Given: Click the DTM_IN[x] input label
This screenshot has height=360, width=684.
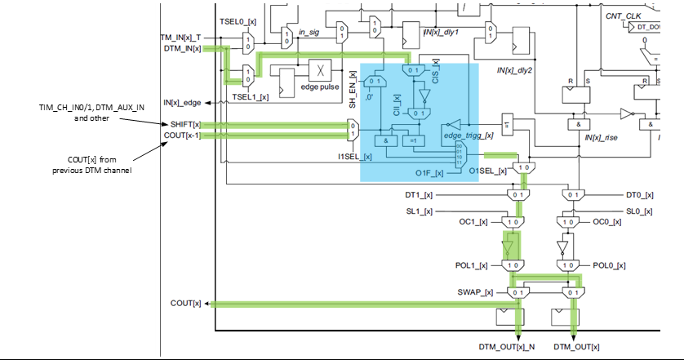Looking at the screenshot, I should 180,48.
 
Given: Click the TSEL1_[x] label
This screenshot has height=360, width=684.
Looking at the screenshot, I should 251,97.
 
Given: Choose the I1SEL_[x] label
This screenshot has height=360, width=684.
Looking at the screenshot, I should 355,156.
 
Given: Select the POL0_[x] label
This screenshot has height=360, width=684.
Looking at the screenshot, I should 609,265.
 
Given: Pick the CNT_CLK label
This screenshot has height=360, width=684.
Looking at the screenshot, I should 622,16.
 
